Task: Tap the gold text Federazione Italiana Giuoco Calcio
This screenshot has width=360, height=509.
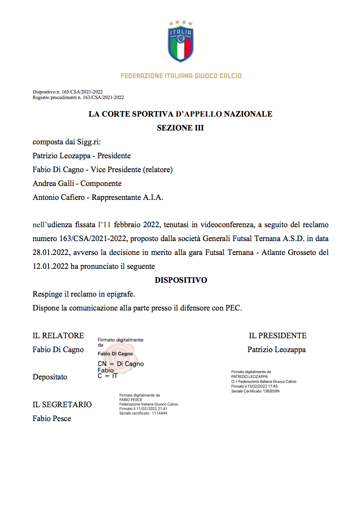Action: click(x=181, y=75)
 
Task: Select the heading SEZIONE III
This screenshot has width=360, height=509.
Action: click(x=180, y=128)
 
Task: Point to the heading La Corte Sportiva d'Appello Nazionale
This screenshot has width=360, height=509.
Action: click(x=180, y=114)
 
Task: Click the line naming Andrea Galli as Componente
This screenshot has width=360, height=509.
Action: click(x=77, y=184)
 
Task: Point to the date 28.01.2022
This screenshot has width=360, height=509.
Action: click(x=51, y=253)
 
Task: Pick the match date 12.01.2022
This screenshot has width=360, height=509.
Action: click(x=51, y=267)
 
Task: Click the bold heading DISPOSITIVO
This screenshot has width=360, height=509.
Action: click(x=180, y=280)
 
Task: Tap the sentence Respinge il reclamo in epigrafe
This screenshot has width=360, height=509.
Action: click(x=84, y=294)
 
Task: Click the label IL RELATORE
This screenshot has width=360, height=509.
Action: click(x=58, y=336)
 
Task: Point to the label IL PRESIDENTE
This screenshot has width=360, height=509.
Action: click(x=278, y=336)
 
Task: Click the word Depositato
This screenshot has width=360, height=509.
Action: click(x=50, y=377)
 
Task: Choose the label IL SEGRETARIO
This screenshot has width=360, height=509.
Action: click(x=62, y=405)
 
